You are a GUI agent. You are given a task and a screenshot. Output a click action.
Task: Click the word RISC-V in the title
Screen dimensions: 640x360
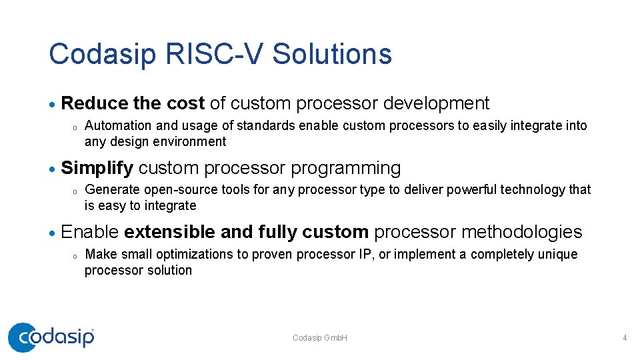[217, 54]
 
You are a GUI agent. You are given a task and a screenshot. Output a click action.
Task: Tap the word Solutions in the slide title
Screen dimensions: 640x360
[332, 54]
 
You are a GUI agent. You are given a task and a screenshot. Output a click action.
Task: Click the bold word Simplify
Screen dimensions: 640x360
[97, 168]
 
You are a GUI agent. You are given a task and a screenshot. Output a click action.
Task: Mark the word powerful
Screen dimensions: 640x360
[474, 190]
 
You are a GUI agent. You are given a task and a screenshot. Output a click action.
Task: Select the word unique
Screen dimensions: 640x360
[558, 254]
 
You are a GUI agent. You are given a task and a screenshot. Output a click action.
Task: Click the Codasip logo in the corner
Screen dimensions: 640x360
[51, 337]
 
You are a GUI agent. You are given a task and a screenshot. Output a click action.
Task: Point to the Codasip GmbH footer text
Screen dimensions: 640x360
[320, 338]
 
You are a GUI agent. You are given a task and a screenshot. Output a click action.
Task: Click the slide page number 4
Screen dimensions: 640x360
[625, 338]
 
